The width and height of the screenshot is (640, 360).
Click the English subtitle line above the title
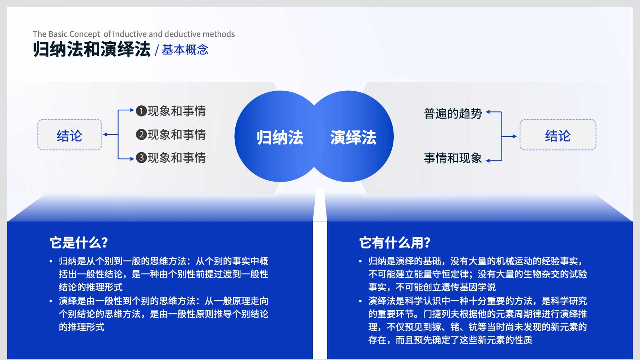click(134, 34)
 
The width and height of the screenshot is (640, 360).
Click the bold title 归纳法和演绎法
click(91, 49)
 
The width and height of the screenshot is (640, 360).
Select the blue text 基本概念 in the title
click(185, 50)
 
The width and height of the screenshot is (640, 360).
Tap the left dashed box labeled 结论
click(70, 135)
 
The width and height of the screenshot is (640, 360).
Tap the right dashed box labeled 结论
click(558, 135)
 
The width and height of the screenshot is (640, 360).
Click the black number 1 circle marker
click(141, 111)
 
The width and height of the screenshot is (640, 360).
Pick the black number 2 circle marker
click(141, 134)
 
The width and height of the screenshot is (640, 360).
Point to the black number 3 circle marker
click(141, 158)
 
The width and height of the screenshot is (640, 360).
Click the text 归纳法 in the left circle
click(280, 137)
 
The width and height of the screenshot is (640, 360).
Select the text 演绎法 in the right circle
click(353, 137)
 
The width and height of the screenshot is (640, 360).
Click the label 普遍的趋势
click(453, 114)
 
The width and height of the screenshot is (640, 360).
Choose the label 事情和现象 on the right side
click(453, 158)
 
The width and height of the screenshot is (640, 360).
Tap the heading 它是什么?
click(79, 242)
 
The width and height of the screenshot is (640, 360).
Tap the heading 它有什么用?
click(395, 242)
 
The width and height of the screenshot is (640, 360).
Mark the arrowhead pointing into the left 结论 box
click(105, 135)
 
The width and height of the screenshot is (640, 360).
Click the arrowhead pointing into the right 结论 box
click(515, 136)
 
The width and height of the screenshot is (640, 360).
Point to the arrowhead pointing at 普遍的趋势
click(488, 112)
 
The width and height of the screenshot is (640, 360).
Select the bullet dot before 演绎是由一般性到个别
click(51, 301)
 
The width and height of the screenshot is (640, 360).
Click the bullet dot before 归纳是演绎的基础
click(360, 261)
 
